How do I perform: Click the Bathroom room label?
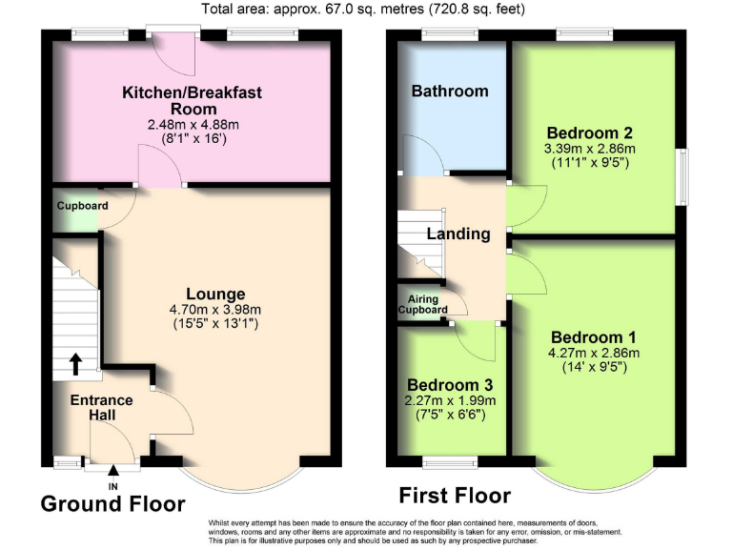click(450, 91)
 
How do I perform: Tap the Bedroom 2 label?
click(590, 132)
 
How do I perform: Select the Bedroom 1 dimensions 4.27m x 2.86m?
click(594, 352)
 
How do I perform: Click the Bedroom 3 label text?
click(452, 384)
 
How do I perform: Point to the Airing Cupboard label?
click(422, 304)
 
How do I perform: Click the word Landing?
click(458, 234)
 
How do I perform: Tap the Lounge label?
click(216, 294)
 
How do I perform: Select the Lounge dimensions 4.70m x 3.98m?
click(216, 309)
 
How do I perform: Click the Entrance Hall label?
click(101, 408)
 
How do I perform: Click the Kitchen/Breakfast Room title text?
click(192, 101)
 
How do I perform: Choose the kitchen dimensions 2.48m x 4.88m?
click(192, 125)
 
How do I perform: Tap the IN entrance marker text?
click(113, 486)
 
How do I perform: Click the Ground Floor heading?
click(112, 503)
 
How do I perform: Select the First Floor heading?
click(454, 496)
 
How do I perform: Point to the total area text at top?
click(362, 10)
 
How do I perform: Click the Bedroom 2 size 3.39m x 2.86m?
click(590, 149)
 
